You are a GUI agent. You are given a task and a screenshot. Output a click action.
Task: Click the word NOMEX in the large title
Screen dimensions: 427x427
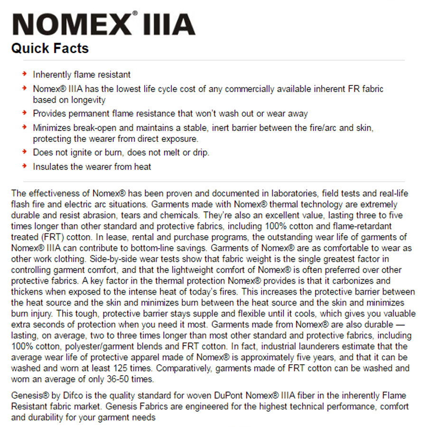[x=70, y=24]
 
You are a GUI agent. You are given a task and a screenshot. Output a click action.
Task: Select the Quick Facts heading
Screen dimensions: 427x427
[x=50, y=48]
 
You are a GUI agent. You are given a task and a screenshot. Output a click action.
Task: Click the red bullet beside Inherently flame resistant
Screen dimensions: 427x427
[x=24, y=74]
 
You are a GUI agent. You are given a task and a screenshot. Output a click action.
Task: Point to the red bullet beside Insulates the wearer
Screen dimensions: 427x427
[x=24, y=166]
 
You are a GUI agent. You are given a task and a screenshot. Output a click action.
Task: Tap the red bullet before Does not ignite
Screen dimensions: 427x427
[x=24, y=152]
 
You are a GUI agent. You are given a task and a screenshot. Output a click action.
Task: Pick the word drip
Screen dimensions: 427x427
[x=200, y=152]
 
